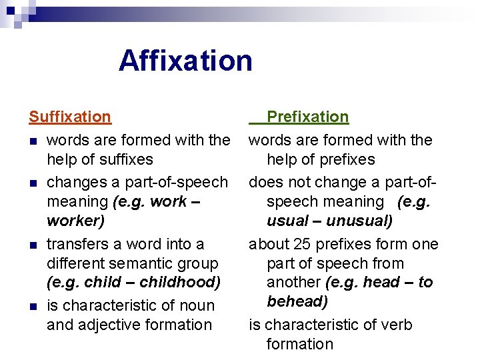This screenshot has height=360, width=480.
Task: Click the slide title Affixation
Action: [185, 61]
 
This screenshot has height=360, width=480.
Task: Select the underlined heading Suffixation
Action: [70, 117]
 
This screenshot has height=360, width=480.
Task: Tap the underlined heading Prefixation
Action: [307, 117]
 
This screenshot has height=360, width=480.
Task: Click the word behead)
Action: [297, 301]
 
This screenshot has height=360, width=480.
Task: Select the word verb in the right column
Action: [397, 325]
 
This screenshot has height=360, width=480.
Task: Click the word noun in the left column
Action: [197, 305]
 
